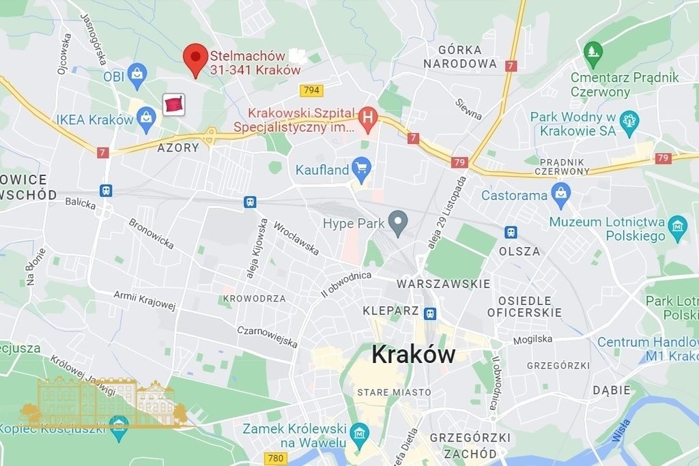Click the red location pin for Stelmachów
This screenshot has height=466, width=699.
click(197, 58)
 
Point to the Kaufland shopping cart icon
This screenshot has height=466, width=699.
click(361, 168)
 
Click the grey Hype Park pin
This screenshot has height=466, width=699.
click(398, 221)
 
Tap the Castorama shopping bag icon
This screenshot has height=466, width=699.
click(561, 195)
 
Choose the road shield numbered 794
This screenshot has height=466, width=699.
click(311, 90)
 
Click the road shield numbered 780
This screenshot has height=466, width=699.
click(276, 458)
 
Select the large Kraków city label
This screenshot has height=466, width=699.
click(413, 355)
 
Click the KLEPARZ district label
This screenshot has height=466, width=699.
click(390, 310)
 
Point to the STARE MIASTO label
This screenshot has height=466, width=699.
click(394, 392)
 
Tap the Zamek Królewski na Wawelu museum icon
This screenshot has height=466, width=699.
click(359, 433)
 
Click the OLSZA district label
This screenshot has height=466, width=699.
click(519, 251)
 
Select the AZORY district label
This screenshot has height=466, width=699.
click(178, 147)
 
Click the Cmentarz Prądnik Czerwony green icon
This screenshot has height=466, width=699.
click(592, 50)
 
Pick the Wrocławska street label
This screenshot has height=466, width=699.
click(296, 238)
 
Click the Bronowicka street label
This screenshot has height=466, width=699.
click(151, 233)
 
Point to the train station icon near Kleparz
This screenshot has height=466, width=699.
click(429, 314)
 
